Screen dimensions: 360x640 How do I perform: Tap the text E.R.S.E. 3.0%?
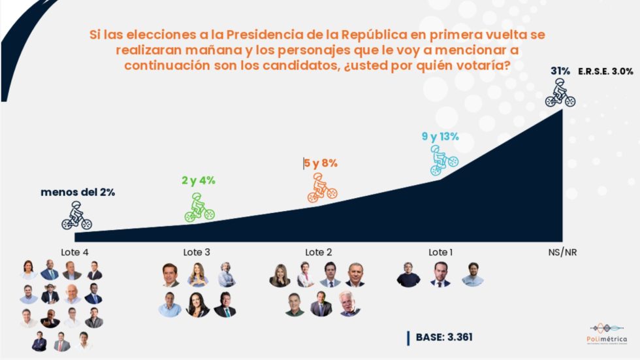[x=605, y=71]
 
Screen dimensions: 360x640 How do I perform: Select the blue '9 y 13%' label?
[x=440, y=137]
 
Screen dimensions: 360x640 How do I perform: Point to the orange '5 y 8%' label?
[x=321, y=163]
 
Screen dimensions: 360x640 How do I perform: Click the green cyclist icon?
[x=200, y=207]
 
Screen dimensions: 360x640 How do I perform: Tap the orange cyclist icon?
[x=322, y=189]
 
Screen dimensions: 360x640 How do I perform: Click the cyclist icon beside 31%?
[x=560, y=93]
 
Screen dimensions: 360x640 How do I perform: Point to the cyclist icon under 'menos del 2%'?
[x=76, y=216]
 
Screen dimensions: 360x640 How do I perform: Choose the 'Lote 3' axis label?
[x=197, y=252]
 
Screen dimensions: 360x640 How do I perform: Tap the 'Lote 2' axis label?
[x=319, y=252]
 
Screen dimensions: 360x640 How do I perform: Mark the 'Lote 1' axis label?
[x=440, y=252]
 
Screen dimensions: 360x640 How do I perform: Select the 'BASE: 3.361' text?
[x=444, y=337]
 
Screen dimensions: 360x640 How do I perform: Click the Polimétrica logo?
[x=607, y=333]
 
